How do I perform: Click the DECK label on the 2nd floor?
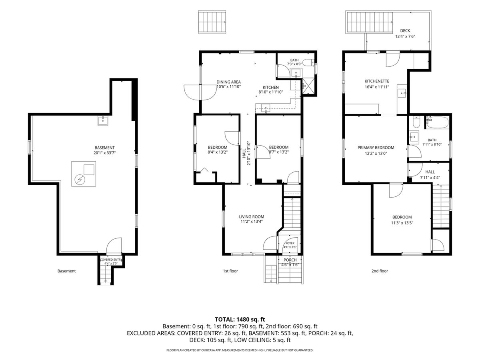click(405, 31)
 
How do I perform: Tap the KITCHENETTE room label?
click(377, 81)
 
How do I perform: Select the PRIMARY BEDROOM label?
click(376, 148)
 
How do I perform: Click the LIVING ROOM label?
click(252, 217)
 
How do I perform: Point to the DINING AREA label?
click(228, 82)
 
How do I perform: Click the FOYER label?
click(290, 243)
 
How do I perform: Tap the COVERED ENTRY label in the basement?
click(111, 260)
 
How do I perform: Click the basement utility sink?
click(103, 121)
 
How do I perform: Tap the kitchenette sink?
click(402, 93)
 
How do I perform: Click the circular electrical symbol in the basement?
click(79, 180)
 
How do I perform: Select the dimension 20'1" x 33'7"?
click(104, 153)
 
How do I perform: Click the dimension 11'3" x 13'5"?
click(402, 223)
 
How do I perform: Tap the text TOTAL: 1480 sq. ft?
click(240, 319)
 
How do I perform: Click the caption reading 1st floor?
click(230, 271)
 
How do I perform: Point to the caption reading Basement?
click(66, 271)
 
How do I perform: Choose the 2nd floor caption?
click(380, 271)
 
